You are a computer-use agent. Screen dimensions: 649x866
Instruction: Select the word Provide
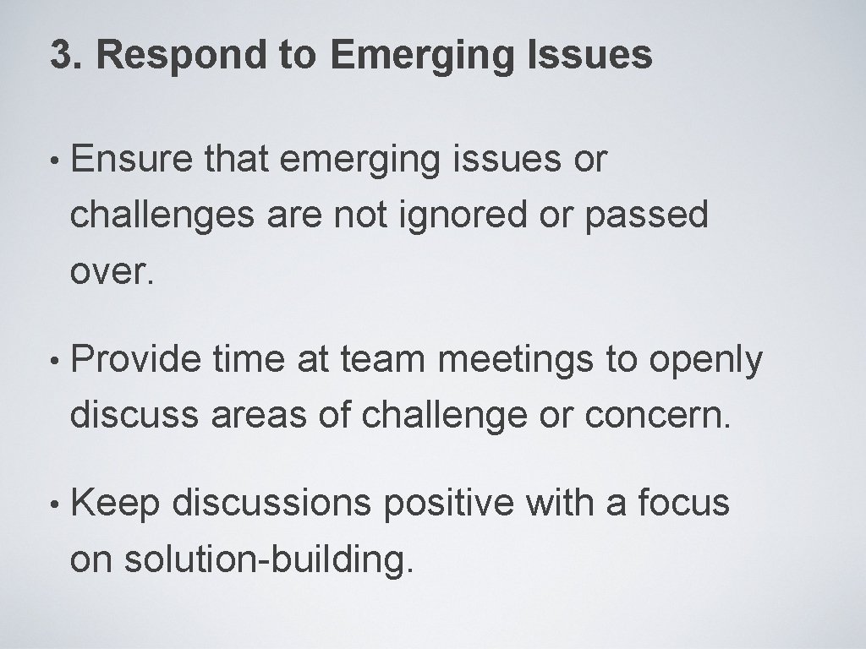(x=135, y=360)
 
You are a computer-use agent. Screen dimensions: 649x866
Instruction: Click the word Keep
(x=116, y=503)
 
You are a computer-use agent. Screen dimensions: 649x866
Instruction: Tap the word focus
(x=683, y=503)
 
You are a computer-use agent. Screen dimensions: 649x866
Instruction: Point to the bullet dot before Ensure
(x=55, y=161)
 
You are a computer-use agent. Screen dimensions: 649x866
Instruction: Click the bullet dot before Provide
(x=55, y=362)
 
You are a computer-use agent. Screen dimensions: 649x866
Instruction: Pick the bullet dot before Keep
(x=55, y=504)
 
